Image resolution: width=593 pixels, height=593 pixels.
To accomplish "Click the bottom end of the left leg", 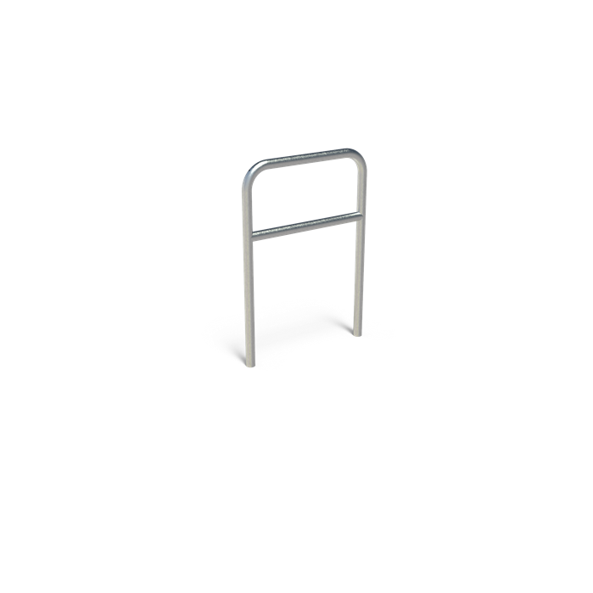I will [x=249, y=364].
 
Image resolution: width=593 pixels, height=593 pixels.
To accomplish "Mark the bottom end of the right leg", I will [x=357, y=333].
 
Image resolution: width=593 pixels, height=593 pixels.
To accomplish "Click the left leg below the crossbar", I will [x=249, y=297].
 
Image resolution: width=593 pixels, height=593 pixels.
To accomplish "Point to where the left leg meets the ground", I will [x=249, y=366].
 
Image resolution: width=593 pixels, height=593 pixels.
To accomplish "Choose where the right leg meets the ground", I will [x=357, y=334].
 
